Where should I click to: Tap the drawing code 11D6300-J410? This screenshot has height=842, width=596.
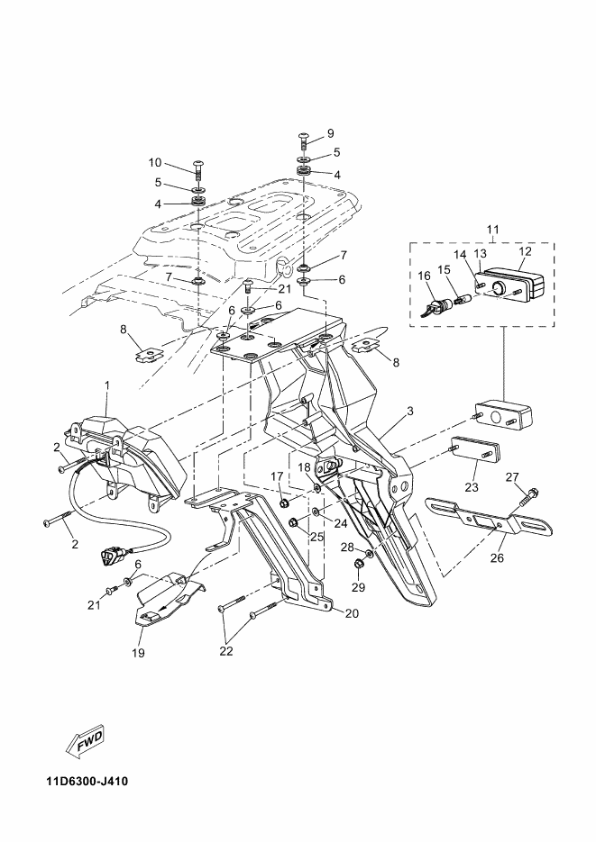click(87, 781)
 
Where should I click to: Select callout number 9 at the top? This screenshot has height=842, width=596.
click(330, 133)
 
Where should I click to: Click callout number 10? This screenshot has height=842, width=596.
click(155, 163)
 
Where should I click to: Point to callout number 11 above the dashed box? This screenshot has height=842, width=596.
click(493, 230)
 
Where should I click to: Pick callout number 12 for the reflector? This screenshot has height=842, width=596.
click(525, 251)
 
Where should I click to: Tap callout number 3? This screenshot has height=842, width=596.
click(410, 412)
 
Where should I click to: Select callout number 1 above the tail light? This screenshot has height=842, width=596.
click(106, 385)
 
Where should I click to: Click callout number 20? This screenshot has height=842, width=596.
click(352, 613)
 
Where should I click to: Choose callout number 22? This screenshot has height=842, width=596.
click(226, 651)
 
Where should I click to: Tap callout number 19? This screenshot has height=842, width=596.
click(138, 654)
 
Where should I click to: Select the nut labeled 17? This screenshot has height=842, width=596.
click(284, 502)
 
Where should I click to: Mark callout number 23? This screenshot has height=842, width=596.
click(472, 487)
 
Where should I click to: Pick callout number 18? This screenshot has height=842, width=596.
click(304, 467)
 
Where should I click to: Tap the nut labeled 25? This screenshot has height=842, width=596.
click(293, 521)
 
